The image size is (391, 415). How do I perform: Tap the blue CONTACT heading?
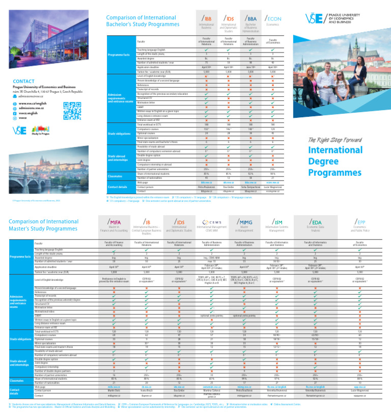[23, 81]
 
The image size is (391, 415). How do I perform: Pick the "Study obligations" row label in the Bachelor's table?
[118, 134]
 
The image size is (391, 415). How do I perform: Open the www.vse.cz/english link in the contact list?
[32, 103]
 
